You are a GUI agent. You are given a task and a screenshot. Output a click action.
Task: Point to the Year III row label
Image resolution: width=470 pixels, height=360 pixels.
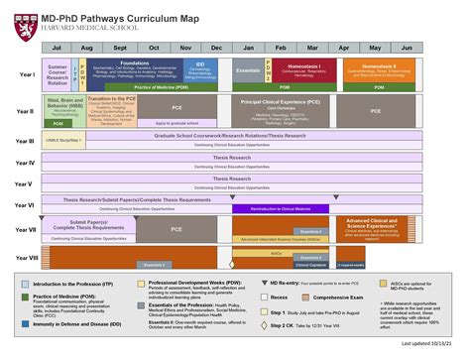click(25, 142)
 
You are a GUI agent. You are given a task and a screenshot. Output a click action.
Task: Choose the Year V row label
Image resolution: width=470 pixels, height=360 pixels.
click(25, 185)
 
